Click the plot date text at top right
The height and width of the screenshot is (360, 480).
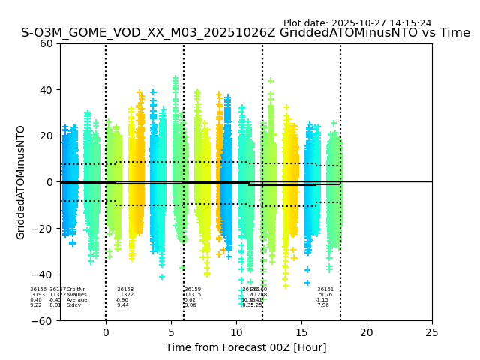pyautogui.click(x=357, y=23)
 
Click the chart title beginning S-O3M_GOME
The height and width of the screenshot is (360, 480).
pyautogui.click(x=245, y=33)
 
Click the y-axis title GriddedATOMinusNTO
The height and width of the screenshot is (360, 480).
pyautogui.click(x=21, y=182)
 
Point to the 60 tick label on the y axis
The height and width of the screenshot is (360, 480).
pyautogui.click(x=46, y=43)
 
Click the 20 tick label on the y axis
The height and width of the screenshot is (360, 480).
pyautogui.click(x=46, y=136)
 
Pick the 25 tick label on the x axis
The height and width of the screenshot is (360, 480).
pyautogui.click(x=432, y=332)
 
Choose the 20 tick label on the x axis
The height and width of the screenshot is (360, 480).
pyautogui.click(x=367, y=332)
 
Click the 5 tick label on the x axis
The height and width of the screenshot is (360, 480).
pyautogui.click(x=171, y=332)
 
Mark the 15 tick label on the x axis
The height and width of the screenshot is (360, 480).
pyautogui.click(x=301, y=332)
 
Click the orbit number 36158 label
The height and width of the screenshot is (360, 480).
pyautogui.click(x=125, y=289)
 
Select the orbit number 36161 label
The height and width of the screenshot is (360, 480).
pyautogui.click(x=325, y=289)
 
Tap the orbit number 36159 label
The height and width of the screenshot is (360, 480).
pyautogui.click(x=193, y=289)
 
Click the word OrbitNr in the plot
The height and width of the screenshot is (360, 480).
pyautogui.click(x=76, y=289)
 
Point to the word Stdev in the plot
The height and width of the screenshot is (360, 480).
pyautogui.click(x=73, y=305)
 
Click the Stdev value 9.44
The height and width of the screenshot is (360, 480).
pyautogui.click(x=122, y=305)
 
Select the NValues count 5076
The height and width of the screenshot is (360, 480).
pyautogui.click(x=325, y=295)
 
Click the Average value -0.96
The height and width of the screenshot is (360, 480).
pyautogui.click(x=121, y=300)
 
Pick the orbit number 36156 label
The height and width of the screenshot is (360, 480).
pyautogui.click(x=38, y=289)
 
